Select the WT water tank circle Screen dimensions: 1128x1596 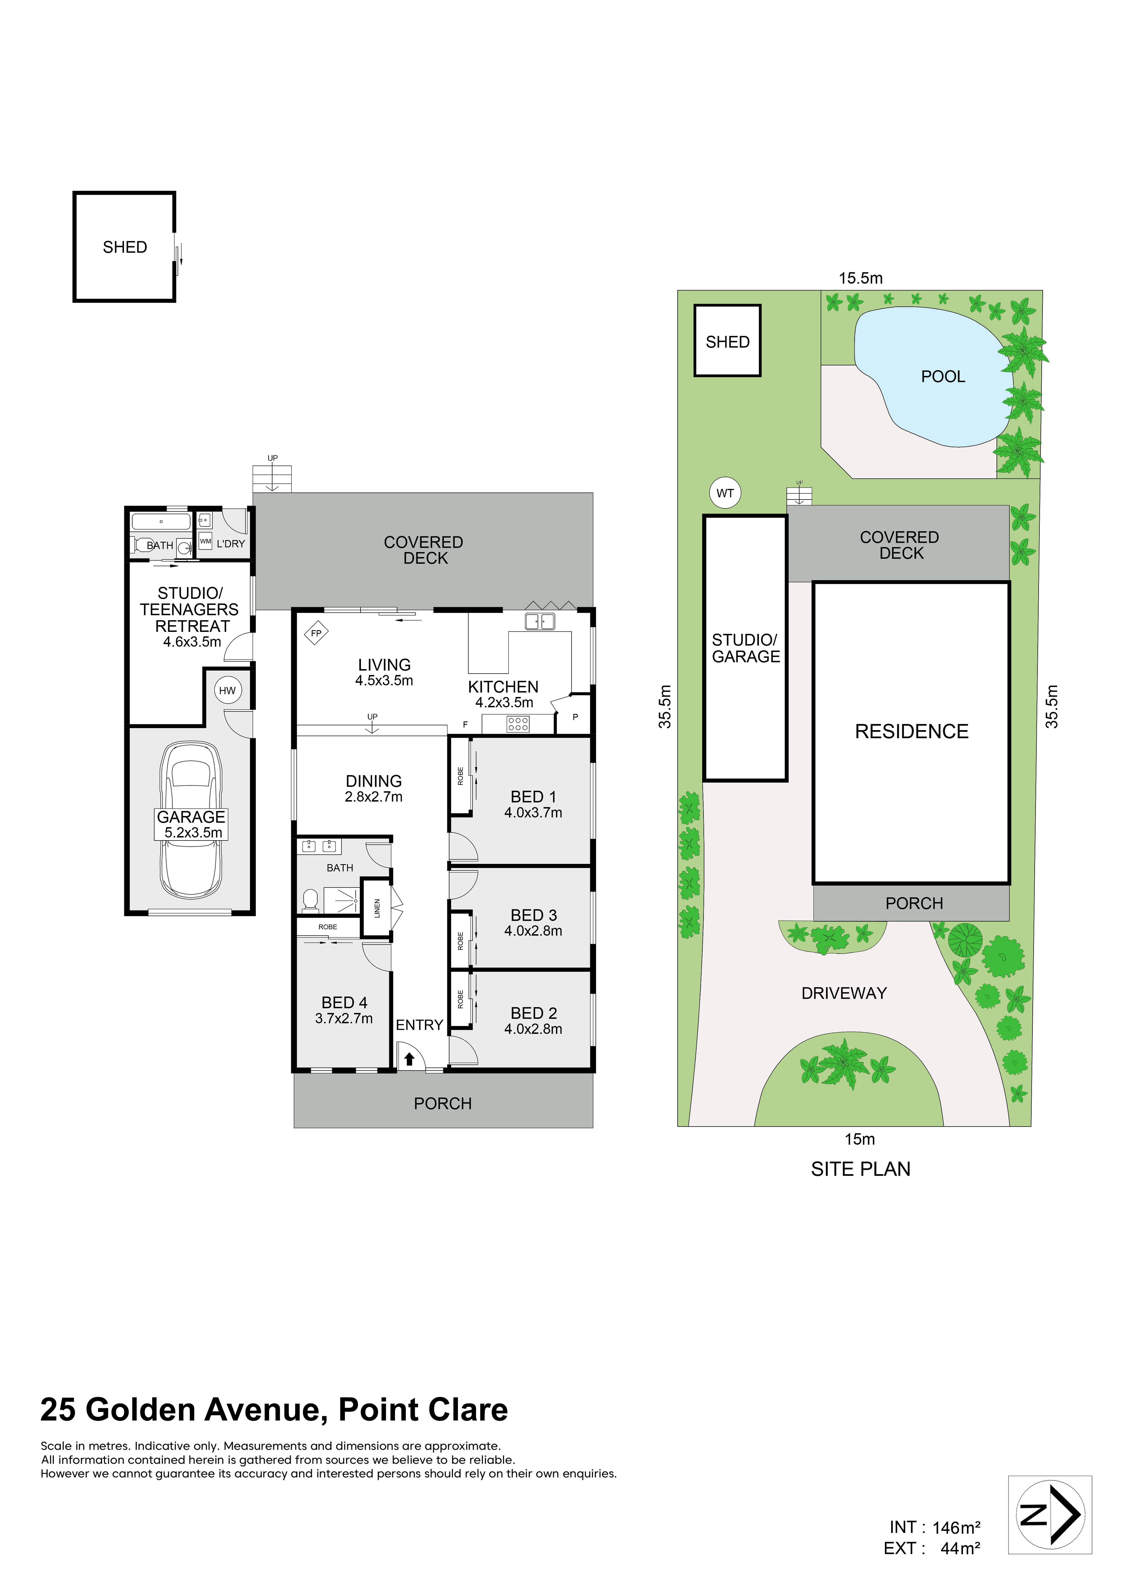pos(725,493)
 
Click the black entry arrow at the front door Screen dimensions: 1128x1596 pos(409,1059)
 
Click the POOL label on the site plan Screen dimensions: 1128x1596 pos(943,377)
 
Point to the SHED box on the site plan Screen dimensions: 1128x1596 pos(728,341)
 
